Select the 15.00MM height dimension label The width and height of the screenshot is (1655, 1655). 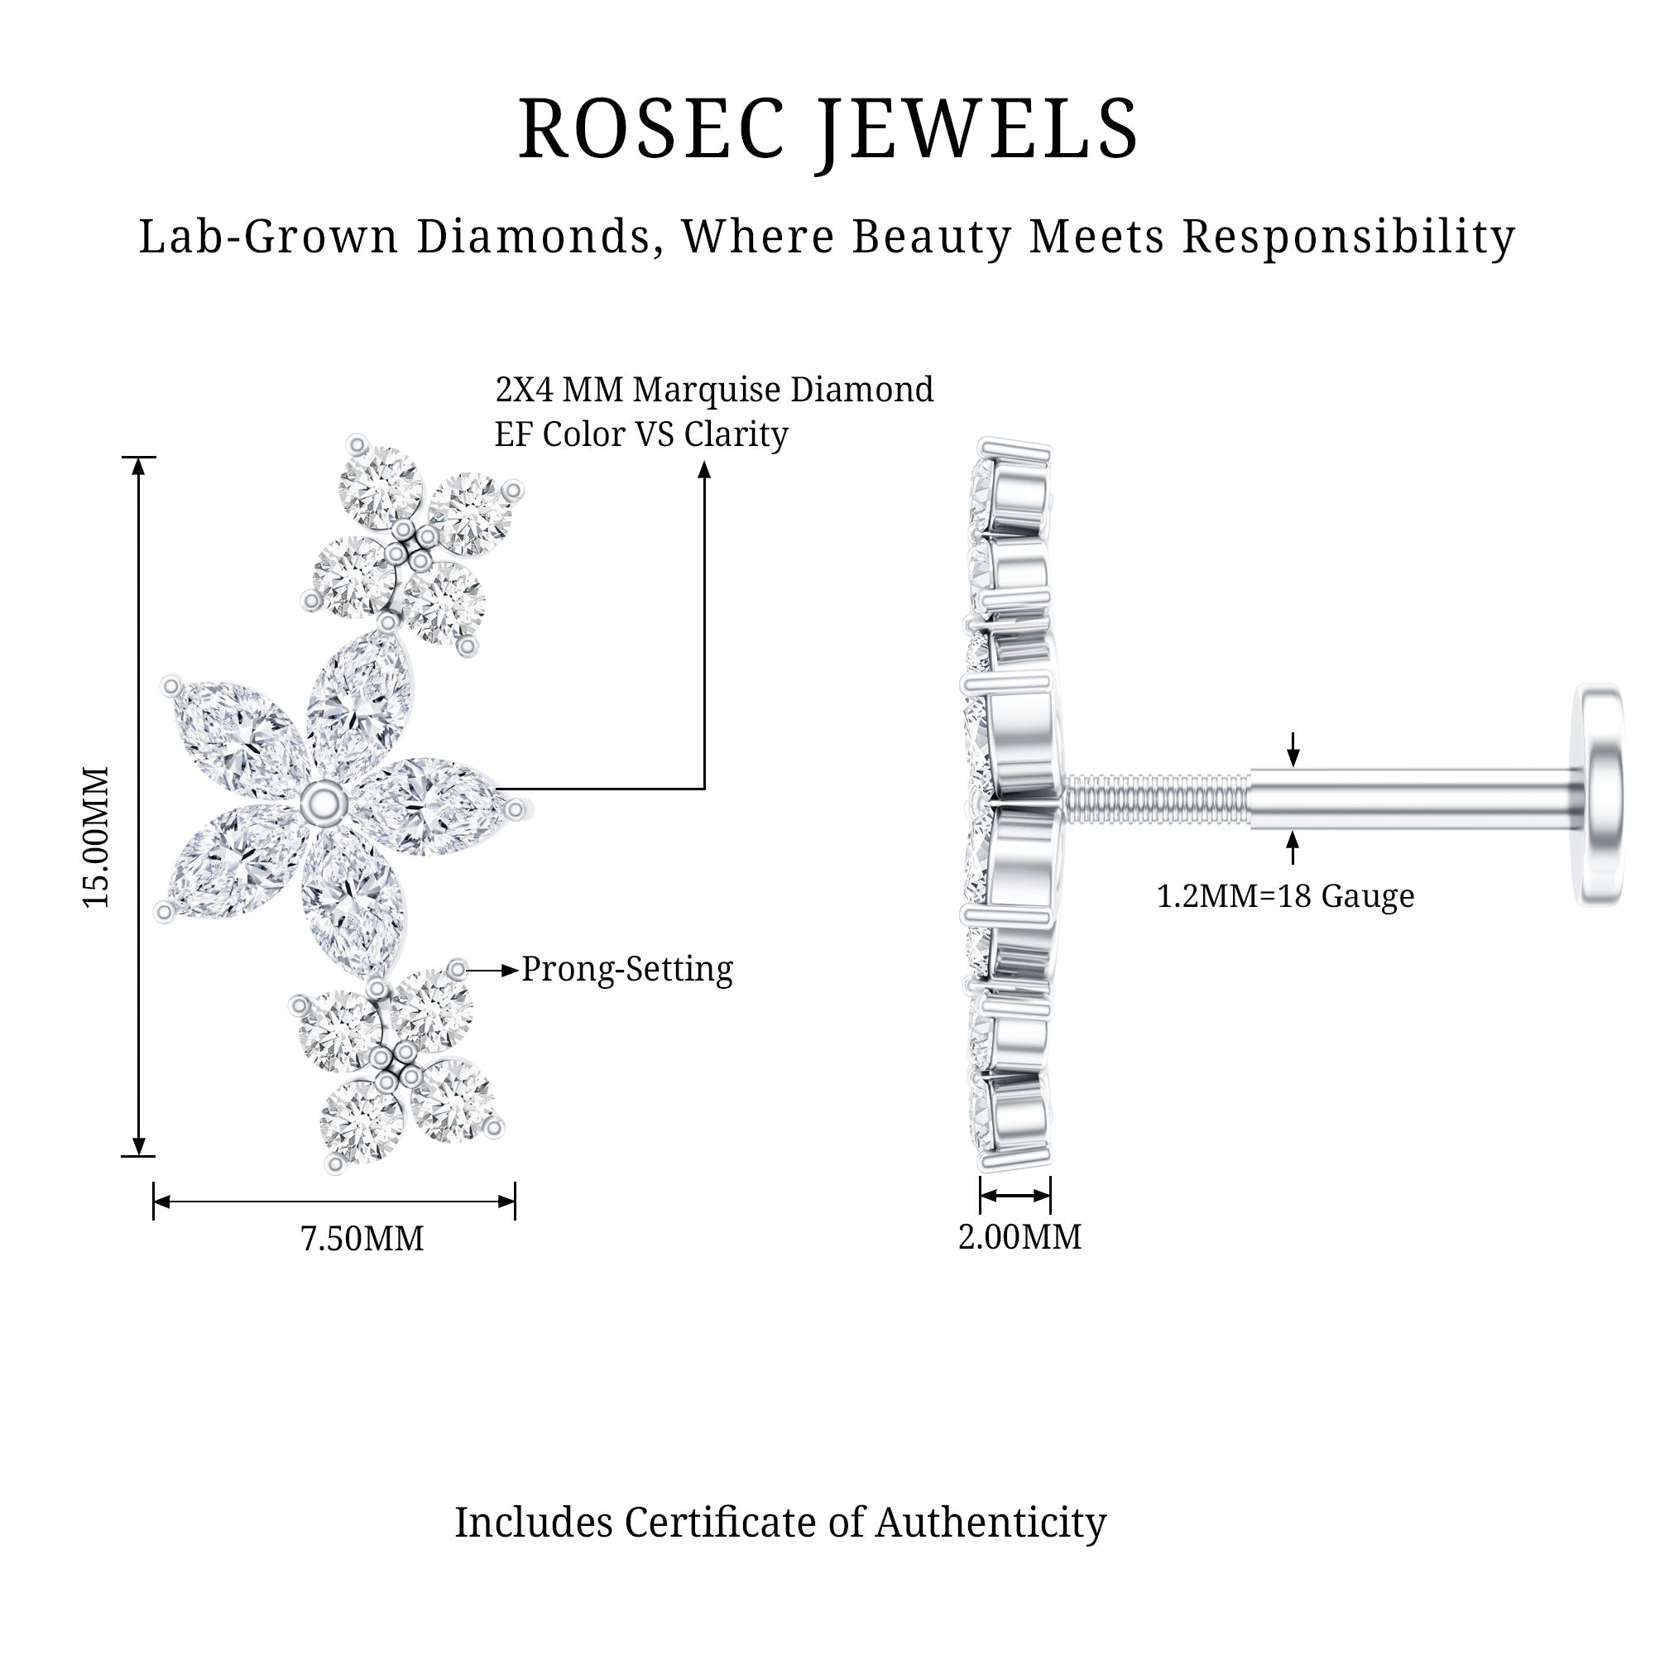coord(96,837)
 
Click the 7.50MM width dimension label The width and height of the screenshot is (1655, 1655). coord(362,1239)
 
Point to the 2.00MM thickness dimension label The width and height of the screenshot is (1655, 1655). coord(1019,1236)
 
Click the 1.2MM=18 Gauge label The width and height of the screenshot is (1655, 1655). coord(1285,896)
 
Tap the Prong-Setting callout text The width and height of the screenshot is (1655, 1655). coord(627,969)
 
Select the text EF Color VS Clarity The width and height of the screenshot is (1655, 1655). coord(640,434)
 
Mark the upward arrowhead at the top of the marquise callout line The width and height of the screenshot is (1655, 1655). coord(704,469)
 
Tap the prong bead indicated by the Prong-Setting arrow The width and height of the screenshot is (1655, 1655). coord(458,970)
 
